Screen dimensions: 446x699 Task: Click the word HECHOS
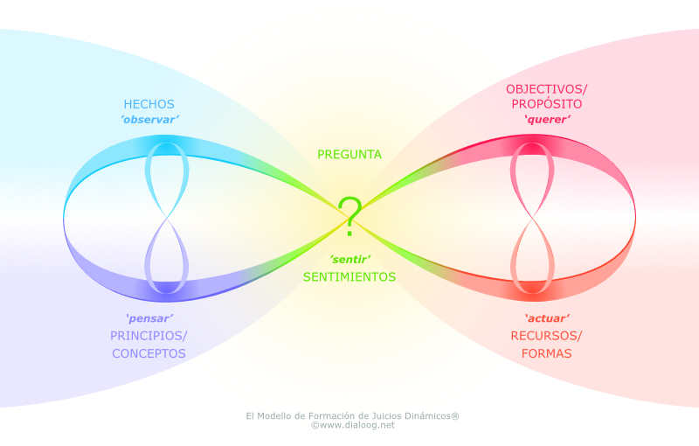[149, 103]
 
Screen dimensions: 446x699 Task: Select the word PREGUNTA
[349, 154]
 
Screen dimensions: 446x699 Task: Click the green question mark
[349, 217]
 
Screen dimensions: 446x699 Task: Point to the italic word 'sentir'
[349, 260]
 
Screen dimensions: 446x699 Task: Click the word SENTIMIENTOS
[349, 276]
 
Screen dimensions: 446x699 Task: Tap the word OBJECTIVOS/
[547, 88]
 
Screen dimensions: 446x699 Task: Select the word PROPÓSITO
[547, 104]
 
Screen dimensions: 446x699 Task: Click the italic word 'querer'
[547, 120]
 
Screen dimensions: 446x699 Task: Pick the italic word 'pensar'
[149, 318]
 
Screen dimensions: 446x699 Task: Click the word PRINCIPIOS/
[149, 336]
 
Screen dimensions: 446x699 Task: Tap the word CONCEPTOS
[149, 353]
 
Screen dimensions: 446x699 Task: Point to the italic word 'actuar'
[547, 318]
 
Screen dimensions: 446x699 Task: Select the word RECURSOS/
[547, 336]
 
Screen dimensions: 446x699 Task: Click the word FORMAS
[547, 353]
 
